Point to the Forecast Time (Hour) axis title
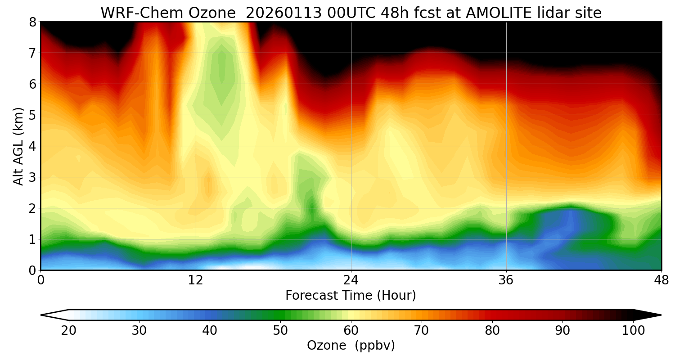point(351,296)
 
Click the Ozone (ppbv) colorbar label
point(351,346)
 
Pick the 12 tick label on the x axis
point(196,280)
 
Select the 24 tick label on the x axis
point(351,280)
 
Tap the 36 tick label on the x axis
point(506,280)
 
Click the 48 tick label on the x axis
point(661,280)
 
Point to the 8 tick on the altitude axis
point(32,22)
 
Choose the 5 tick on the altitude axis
point(32,115)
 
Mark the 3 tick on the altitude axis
point(32,177)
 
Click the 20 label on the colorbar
point(68,331)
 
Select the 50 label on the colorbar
point(280,331)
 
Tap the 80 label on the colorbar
point(492,331)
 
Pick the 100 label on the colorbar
point(633,331)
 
